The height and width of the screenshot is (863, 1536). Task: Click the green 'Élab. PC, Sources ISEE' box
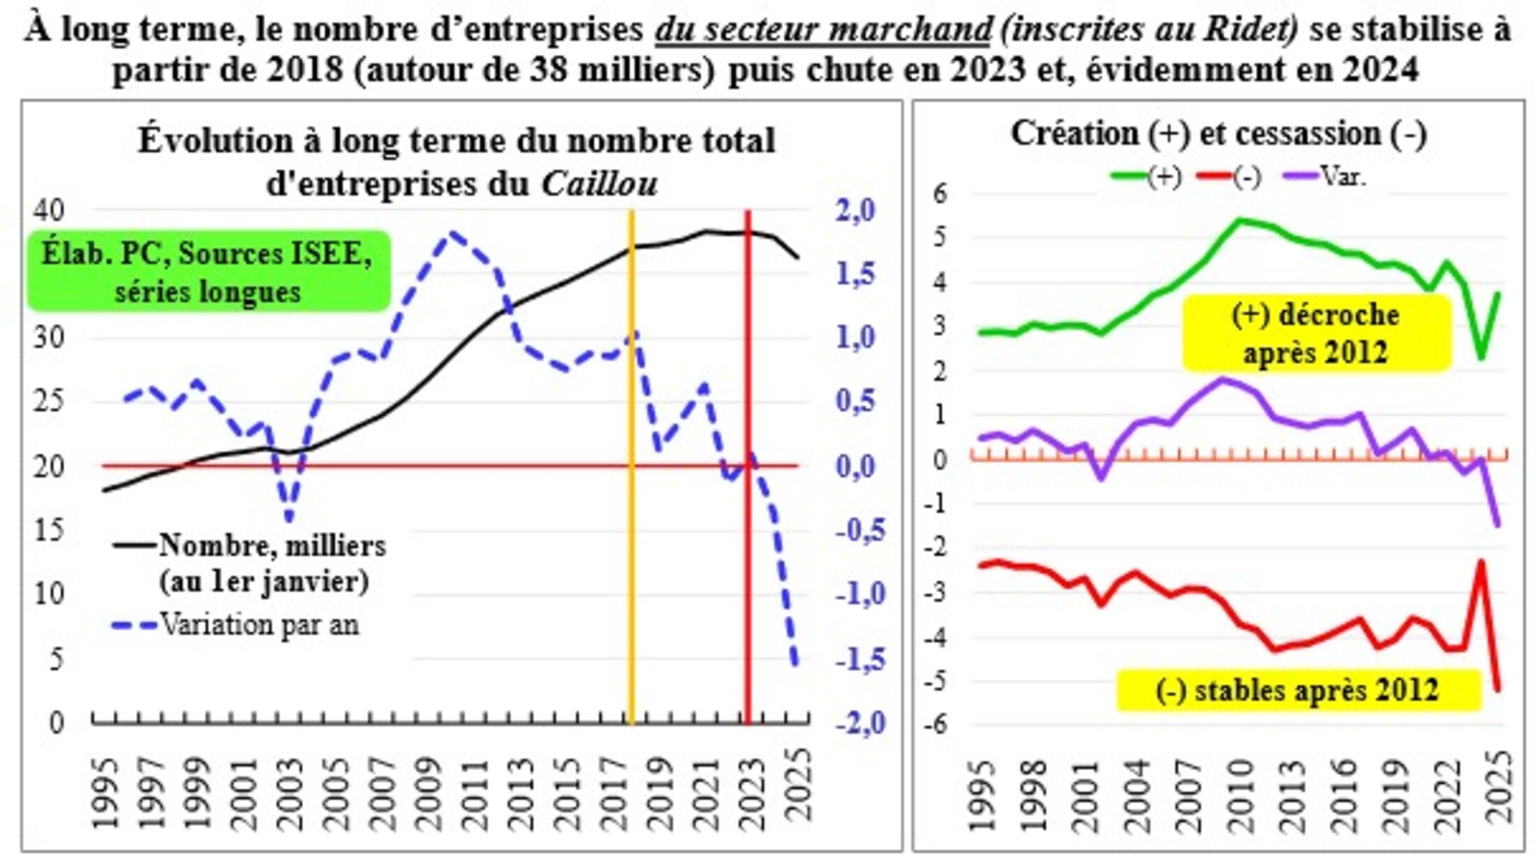[x=207, y=271]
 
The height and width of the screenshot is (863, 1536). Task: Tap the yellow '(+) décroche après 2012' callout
[x=1316, y=333]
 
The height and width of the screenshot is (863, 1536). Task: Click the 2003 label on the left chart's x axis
[x=291, y=789]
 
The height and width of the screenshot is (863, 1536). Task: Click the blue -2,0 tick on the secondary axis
[x=860, y=722]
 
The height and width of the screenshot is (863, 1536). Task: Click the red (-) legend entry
[x=1229, y=176]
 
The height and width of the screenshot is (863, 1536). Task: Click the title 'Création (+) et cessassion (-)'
[x=1218, y=133]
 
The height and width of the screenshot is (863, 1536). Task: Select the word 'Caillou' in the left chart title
[x=599, y=184]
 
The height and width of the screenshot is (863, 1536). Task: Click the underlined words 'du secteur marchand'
[x=822, y=29]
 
